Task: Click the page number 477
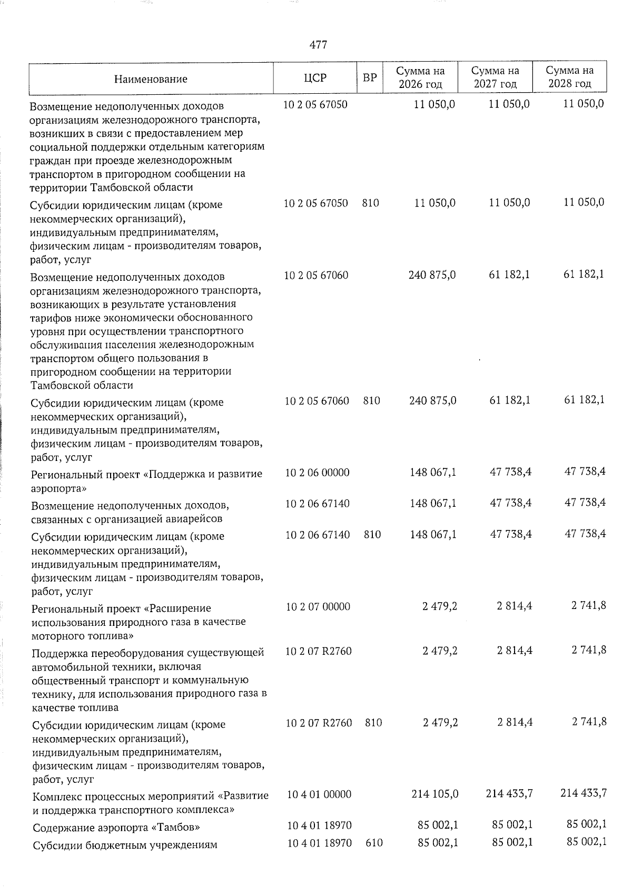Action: coord(318,45)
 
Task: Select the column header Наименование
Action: coord(151,79)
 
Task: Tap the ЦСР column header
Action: coord(315,78)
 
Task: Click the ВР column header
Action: coord(370,78)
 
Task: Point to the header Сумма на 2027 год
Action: coord(495,77)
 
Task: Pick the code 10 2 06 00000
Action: coord(317,473)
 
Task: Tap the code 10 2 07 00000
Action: coord(318,607)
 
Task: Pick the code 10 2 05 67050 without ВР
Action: coord(315,104)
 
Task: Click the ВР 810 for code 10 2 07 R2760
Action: coord(373,723)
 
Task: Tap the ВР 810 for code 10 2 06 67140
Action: coord(372,535)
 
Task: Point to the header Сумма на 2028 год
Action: coord(569,77)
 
